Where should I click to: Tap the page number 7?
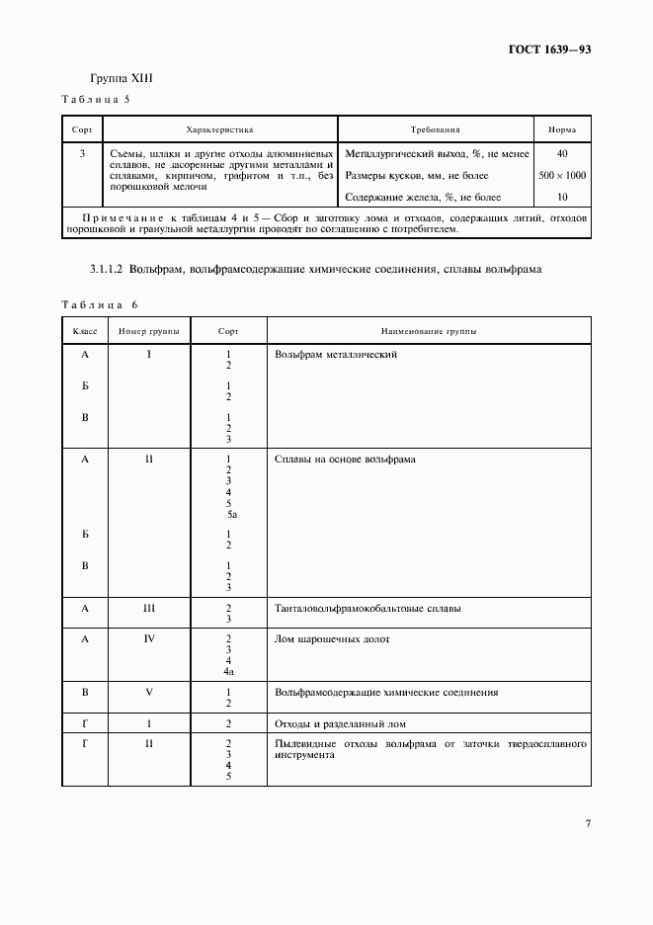point(587,822)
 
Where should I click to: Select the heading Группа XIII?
point(122,78)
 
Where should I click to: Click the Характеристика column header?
point(219,129)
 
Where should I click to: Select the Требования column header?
point(435,129)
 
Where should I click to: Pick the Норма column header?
point(561,129)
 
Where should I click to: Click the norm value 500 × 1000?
point(561,175)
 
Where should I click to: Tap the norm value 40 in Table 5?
point(561,153)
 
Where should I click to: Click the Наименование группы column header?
point(428,331)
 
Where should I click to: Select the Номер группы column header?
point(148,331)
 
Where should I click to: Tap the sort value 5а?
point(229,514)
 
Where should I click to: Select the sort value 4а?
point(228,671)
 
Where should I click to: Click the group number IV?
point(149,639)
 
